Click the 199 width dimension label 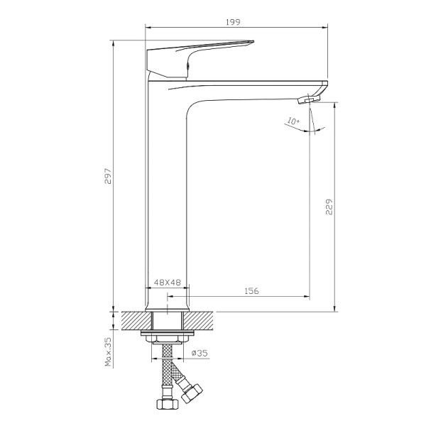click(233, 22)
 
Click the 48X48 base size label click(168, 282)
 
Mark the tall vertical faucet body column click(167, 192)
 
